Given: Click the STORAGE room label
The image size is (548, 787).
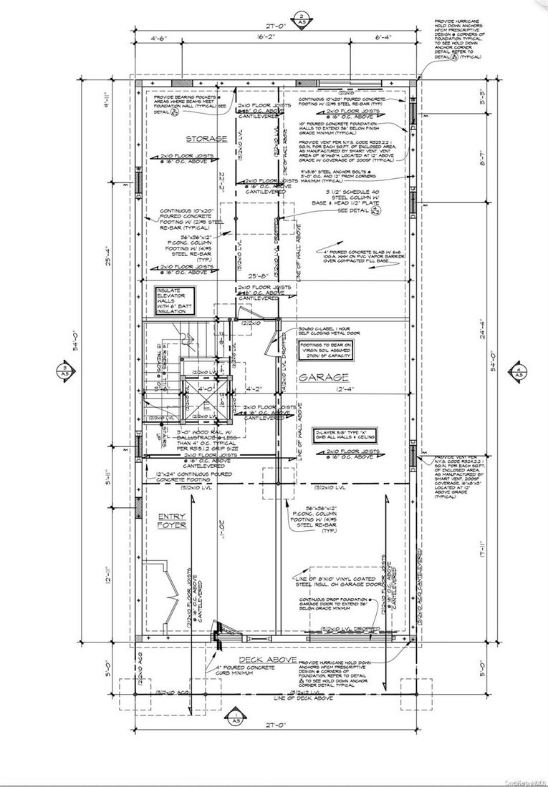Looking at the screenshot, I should click(187, 138).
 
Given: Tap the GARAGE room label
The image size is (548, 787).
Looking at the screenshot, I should click(324, 377).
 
